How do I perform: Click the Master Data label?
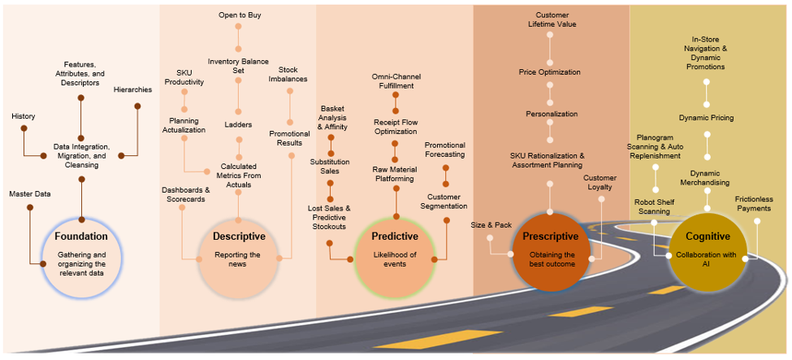[30, 193]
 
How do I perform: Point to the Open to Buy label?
[239, 15]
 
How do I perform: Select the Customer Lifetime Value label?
[551, 20]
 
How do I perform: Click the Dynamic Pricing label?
[707, 118]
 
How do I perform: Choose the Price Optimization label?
[550, 72]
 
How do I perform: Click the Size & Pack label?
[490, 223]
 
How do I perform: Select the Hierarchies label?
[133, 89]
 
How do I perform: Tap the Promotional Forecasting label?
[445, 149]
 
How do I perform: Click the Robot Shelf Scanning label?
[652, 206]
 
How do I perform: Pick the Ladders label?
[239, 124]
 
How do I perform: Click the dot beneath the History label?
[23, 128]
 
